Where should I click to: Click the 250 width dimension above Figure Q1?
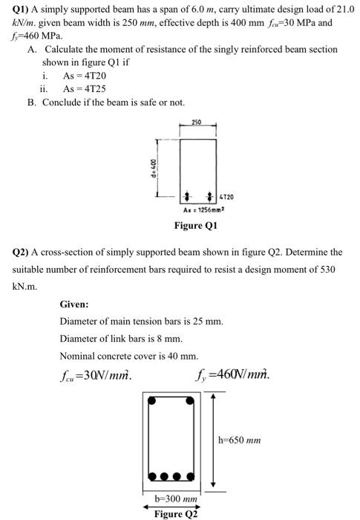(196, 121)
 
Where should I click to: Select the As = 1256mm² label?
(195, 210)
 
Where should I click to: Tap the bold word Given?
(74, 304)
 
